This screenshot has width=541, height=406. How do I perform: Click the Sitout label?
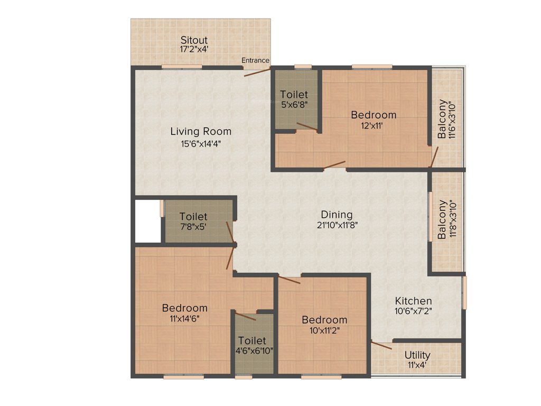(194, 40)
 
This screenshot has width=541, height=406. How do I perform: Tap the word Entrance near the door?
(255, 60)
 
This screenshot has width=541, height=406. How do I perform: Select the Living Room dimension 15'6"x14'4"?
(200, 142)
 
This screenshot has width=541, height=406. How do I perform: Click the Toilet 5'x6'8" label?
(294, 95)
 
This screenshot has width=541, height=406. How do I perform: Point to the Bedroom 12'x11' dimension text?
(374, 125)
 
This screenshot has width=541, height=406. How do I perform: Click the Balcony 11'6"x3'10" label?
(446, 119)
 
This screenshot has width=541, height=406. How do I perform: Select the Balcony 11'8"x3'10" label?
(446, 219)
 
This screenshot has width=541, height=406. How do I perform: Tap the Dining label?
(337, 215)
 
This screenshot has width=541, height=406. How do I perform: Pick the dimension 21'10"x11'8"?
(337, 225)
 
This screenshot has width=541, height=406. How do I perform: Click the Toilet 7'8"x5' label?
(193, 217)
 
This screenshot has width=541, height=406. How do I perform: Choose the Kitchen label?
(414, 301)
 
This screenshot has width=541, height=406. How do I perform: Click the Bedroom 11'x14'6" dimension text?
(184, 318)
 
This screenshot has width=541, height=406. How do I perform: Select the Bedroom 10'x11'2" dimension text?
(324, 330)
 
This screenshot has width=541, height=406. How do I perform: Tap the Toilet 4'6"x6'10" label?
(252, 340)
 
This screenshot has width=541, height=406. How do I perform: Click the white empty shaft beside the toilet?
(147, 221)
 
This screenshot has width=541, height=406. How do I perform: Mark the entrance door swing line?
(257, 71)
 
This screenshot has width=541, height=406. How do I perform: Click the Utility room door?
(381, 346)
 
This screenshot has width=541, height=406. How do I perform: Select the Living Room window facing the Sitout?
(181, 67)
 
